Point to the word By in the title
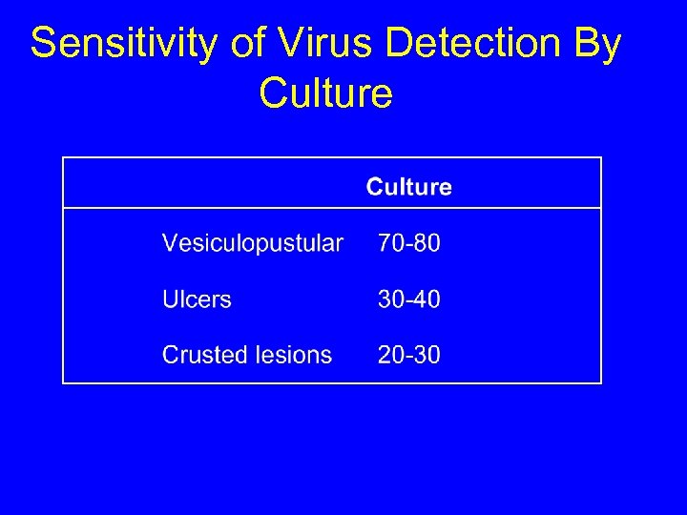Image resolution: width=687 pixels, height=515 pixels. (x=597, y=44)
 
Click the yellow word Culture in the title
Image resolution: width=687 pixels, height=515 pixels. (x=325, y=93)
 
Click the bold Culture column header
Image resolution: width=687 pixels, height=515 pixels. (x=408, y=187)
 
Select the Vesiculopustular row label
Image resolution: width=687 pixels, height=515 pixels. (x=252, y=243)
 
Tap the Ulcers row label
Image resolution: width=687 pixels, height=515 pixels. (x=197, y=299)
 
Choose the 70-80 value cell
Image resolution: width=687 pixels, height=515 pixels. (x=408, y=243)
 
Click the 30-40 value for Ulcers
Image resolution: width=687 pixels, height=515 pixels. (x=408, y=299)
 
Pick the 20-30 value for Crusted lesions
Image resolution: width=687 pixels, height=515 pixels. (x=408, y=355)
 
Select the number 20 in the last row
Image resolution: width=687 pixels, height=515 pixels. (x=390, y=355)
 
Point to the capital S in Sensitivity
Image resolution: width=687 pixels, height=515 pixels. (x=43, y=44)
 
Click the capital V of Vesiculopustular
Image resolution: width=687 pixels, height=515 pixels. (x=169, y=243)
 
